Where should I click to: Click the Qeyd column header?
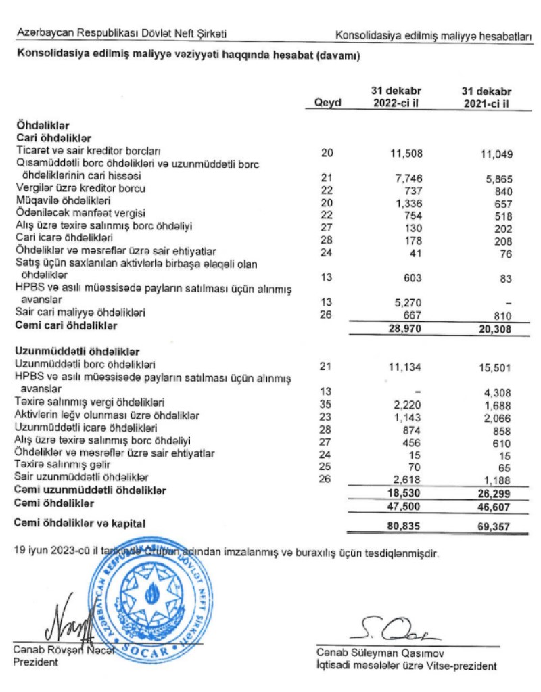point(328,103)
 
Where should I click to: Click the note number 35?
point(328,405)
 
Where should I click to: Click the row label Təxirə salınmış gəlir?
point(62,465)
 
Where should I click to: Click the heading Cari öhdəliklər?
point(53,137)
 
